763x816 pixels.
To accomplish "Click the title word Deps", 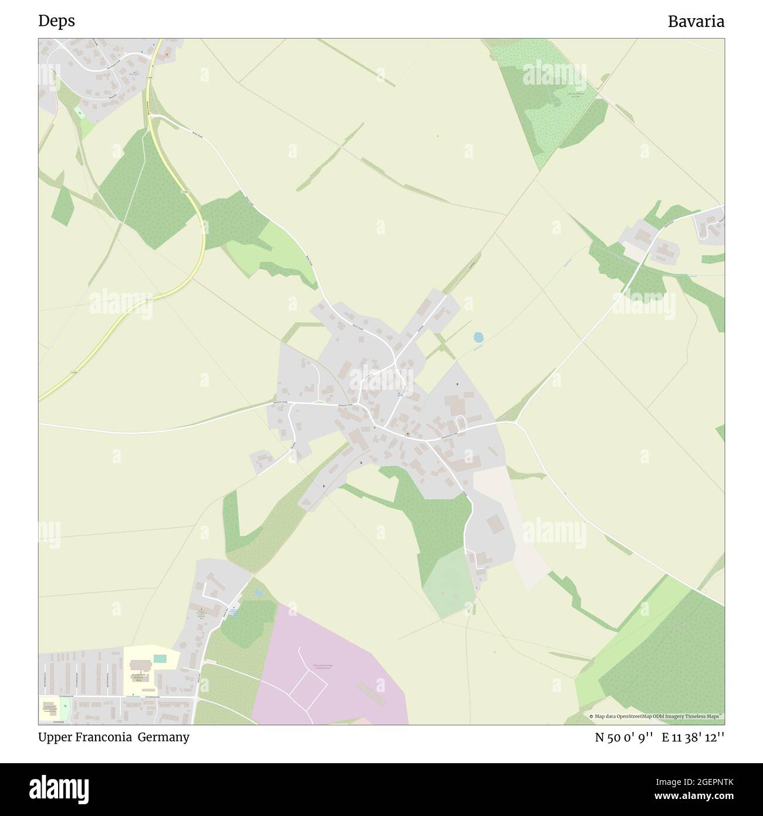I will pos(56,21).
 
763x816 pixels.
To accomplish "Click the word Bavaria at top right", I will pos(696,22).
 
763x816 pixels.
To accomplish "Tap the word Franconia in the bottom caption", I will pos(103,737).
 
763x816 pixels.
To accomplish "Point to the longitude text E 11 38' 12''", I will pos(693,738).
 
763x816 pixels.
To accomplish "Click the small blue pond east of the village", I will pos(478,337).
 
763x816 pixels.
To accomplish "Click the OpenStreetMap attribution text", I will pos(656,716).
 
